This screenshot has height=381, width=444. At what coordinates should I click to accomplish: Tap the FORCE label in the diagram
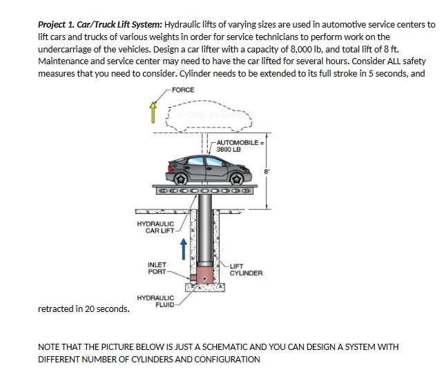pos(183,90)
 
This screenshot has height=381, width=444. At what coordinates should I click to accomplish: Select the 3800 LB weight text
pos(228,148)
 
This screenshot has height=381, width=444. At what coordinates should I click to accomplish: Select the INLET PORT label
pos(157,268)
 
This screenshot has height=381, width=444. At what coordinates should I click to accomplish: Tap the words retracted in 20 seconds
pos(84,309)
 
